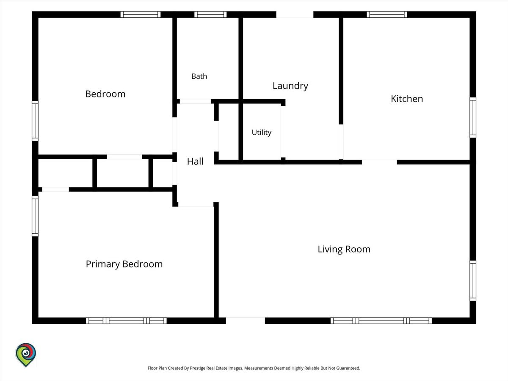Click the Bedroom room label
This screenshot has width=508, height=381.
coord(105,94)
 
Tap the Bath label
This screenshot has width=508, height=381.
coord(199,76)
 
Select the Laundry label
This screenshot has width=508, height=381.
coord(290,86)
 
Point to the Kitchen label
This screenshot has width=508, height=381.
coord(407,99)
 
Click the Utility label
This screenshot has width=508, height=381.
coord(262,133)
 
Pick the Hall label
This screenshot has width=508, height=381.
coord(195,161)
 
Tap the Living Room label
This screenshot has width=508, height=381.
coord(344,249)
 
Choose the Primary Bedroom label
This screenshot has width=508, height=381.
coord(124,264)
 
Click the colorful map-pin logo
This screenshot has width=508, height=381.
coord(26,355)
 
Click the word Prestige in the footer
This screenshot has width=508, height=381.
coord(197,368)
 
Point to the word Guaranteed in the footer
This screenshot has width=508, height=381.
coord(348,368)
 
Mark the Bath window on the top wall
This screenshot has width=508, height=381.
coord(210,14)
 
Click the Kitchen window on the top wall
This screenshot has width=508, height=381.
coord(387,14)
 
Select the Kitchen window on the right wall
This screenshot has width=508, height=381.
coord(473,118)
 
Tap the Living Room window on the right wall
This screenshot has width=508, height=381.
coord(473,281)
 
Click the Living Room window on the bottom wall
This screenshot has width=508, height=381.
coord(381,320)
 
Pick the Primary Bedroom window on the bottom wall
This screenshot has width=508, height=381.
coord(126,320)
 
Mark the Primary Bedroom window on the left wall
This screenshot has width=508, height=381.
coord(35,216)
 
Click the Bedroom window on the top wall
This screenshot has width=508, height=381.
coord(141,14)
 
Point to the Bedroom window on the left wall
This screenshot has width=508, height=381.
coord(35,121)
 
